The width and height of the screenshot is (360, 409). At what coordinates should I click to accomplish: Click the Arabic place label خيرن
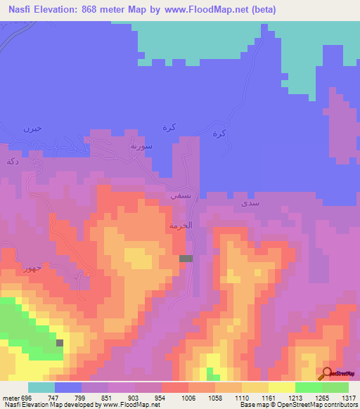point(33,129)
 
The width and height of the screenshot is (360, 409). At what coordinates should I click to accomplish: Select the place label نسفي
point(178,197)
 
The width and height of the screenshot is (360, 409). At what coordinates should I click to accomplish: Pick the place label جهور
point(32,268)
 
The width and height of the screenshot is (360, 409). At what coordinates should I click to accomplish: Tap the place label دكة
point(11,161)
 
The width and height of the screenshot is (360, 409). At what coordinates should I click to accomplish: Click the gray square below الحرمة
point(186,259)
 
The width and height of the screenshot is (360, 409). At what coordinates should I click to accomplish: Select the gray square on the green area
point(60,343)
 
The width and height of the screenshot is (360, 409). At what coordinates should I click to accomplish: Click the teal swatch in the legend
point(41,387)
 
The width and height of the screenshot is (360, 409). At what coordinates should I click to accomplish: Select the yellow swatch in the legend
point(281,387)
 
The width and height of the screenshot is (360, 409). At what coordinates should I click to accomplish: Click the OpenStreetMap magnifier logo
point(327,372)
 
